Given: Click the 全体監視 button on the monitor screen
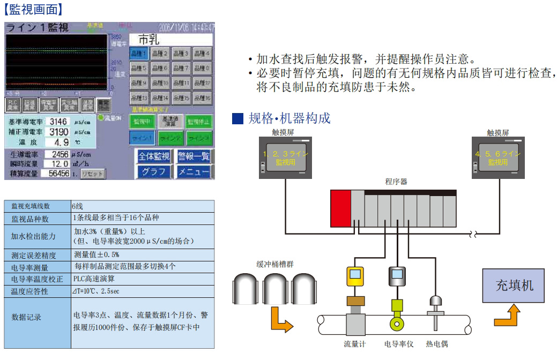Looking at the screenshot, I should [154, 156].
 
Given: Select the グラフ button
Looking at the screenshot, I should [154, 172].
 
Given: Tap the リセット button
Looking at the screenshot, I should [93, 174].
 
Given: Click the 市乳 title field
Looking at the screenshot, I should [171, 40].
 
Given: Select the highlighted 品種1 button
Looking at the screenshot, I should [138, 54].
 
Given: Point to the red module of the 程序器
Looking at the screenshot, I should [340, 208].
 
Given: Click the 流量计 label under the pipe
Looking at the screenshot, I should [354, 344].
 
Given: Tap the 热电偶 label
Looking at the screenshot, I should [436, 344].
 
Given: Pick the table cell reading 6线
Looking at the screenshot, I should [77, 206].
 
